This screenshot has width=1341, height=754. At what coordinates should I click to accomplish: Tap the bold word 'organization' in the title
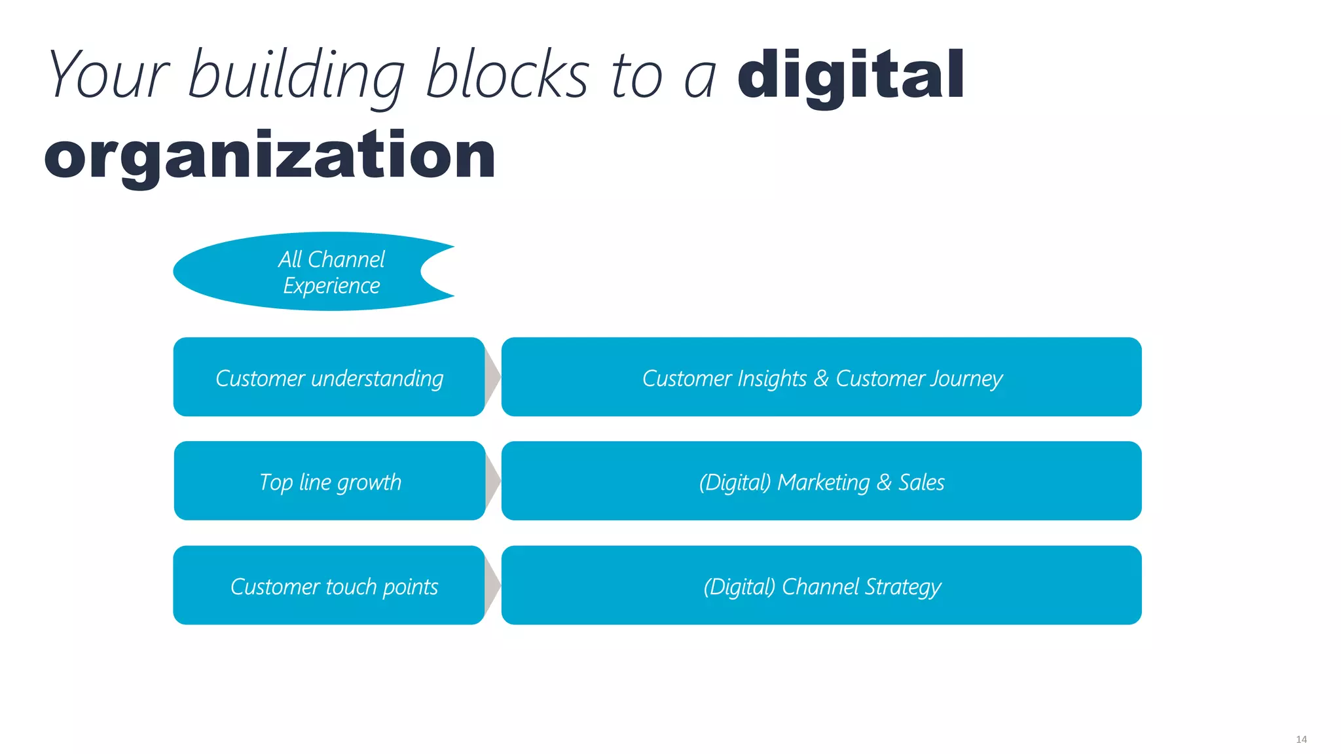coord(270,155)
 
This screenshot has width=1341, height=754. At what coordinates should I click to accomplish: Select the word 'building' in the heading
coord(296,77)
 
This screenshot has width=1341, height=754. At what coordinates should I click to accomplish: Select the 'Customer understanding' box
coord(329,377)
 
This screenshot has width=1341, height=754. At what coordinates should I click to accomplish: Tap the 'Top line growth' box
coord(329,481)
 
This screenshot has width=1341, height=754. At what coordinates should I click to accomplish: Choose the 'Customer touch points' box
coord(329,585)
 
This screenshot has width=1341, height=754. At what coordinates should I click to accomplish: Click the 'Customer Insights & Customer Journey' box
coord(821,377)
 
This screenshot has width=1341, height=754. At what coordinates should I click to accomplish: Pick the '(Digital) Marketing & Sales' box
coord(821,481)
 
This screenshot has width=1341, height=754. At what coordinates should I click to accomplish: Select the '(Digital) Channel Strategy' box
coord(821,585)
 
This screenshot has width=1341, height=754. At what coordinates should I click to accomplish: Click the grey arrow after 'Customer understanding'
coord(492,377)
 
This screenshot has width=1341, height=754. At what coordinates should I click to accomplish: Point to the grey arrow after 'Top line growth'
coord(492,481)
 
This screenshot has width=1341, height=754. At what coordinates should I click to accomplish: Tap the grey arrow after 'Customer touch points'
coord(492,585)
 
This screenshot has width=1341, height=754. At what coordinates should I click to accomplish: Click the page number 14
coord(1301,739)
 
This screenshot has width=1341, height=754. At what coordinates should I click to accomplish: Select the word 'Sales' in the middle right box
coord(921,482)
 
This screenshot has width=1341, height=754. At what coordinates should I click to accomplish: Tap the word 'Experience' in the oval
coord(331,286)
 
